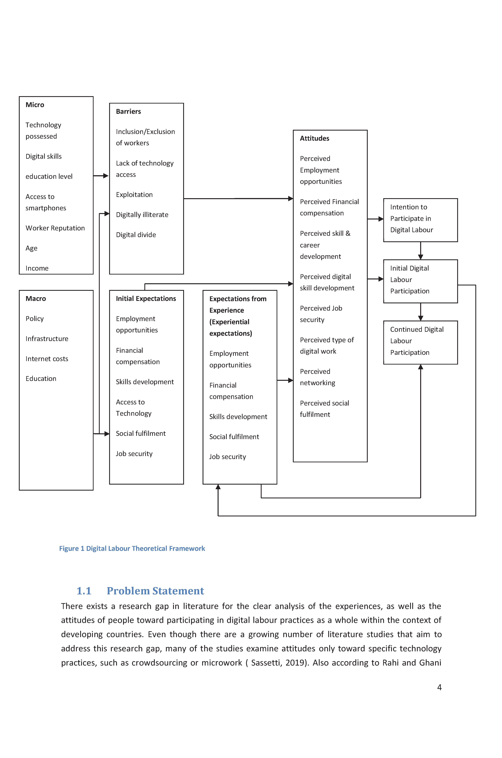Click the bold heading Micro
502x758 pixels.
(x=35, y=105)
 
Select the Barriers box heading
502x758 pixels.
(x=128, y=111)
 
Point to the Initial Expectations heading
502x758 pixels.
(x=146, y=299)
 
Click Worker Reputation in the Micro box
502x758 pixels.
(x=55, y=228)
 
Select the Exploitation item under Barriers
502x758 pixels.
(x=134, y=195)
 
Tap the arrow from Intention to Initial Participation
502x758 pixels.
(x=421, y=251)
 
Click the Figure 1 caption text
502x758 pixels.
(x=132, y=548)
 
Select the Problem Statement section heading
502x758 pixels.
(x=155, y=591)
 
